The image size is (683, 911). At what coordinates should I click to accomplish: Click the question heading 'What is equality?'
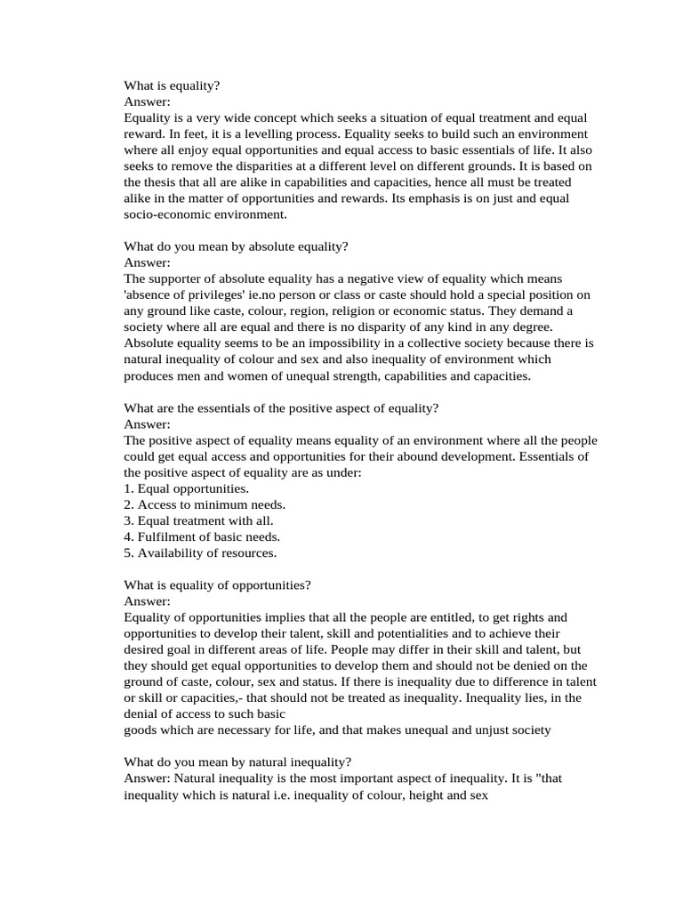coord(172,85)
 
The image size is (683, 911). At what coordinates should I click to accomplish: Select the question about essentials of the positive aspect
coord(282,407)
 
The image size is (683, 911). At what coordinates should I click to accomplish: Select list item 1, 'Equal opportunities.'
coord(187,488)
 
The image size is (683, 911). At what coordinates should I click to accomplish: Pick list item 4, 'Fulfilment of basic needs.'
coord(202,536)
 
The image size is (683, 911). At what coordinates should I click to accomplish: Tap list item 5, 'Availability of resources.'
coord(200,552)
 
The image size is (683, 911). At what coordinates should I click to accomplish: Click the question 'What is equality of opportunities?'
coord(217,585)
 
